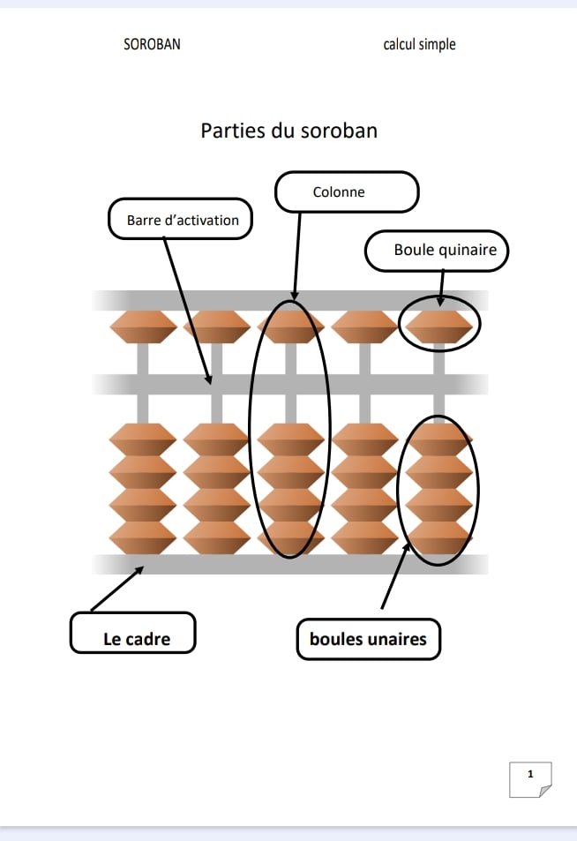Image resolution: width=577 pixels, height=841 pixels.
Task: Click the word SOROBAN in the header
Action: (x=152, y=44)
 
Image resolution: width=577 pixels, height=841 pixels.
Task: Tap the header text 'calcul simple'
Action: (x=419, y=44)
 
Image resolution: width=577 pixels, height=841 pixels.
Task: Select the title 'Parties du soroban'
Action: (x=288, y=131)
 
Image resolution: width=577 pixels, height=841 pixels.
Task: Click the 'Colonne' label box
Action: (x=346, y=191)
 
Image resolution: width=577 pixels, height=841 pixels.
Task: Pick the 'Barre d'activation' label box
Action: (x=181, y=220)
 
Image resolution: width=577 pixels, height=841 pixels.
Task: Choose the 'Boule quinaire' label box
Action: (x=438, y=250)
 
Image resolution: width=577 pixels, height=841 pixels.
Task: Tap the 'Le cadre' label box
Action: (x=132, y=638)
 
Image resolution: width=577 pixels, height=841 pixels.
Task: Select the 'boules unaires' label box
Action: (x=368, y=639)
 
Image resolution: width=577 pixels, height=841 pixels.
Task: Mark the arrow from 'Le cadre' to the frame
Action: (x=116, y=589)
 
